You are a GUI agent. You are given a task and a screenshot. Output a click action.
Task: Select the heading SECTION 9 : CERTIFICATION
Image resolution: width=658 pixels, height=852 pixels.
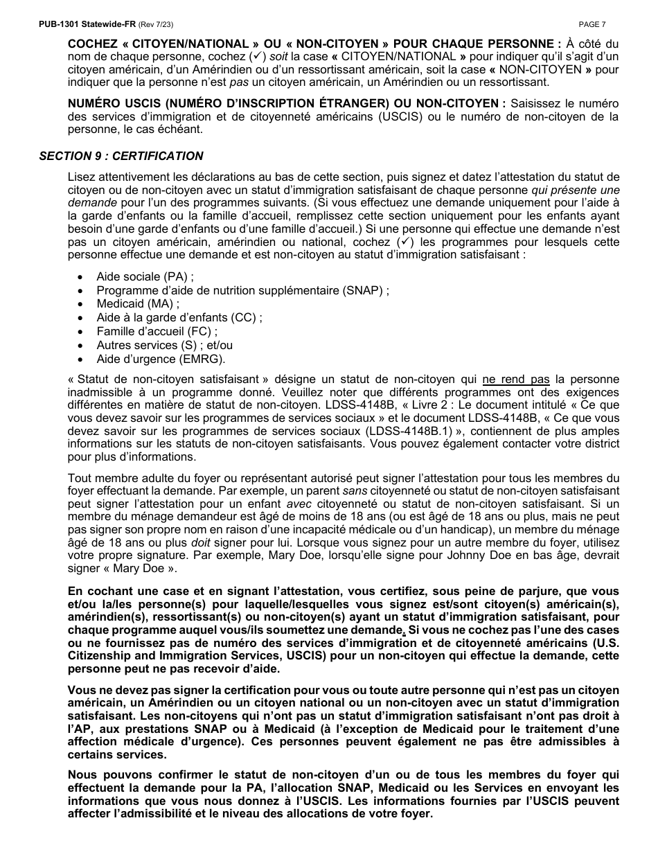[x=121, y=156]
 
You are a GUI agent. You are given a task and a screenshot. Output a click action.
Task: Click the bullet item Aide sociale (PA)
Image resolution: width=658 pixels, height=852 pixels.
[x=145, y=277]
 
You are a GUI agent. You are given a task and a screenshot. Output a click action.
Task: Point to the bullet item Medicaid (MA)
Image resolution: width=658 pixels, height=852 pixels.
[x=138, y=304]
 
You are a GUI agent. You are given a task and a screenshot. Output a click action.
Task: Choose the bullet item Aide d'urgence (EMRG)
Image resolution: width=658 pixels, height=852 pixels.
[x=161, y=359]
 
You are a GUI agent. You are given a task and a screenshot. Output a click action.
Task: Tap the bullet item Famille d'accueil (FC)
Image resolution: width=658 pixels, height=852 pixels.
[x=157, y=331]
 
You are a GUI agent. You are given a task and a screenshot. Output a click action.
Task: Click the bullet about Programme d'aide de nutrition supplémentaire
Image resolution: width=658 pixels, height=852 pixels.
[x=242, y=290]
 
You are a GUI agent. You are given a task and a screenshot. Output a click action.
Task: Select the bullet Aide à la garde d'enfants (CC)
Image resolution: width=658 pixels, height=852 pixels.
[x=179, y=318]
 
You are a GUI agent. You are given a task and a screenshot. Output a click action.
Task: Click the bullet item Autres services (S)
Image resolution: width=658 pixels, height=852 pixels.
[x=164, y=345]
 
